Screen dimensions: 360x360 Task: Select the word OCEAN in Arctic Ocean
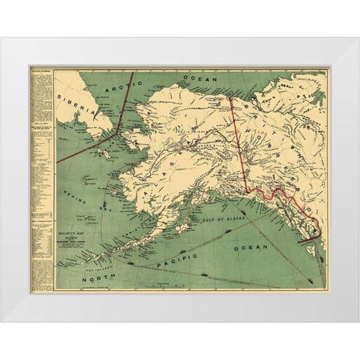point(202,78)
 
